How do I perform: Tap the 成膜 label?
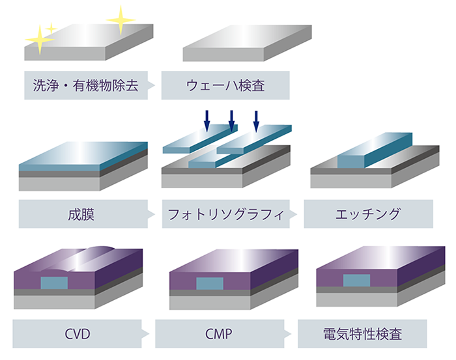pyautogui.click(x=81, y=214)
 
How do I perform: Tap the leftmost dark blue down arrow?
pyautogui.click(x=207, y=120)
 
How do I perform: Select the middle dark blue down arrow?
pyautogui.click(x=231, y=120)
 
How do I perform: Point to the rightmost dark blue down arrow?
pyautogui.click(x=256, y=120)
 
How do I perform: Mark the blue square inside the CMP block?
pyautogui.click(x=208, y=284)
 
